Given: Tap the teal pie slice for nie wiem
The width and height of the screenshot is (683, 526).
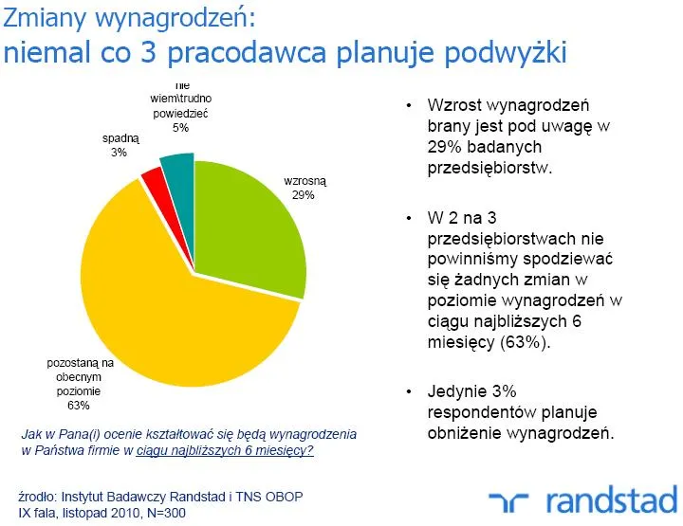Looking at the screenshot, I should (x=177, y=167).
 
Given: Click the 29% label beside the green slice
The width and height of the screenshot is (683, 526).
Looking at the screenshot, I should (x=303, y=195).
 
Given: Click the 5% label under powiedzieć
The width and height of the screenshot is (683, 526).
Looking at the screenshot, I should (x=180, y=126).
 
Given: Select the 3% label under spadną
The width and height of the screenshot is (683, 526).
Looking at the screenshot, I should (x=119, y=152).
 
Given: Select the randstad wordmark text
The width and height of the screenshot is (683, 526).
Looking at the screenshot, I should (x=606, y=499).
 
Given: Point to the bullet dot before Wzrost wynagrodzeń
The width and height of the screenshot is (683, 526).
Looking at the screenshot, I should (x=408, y=105).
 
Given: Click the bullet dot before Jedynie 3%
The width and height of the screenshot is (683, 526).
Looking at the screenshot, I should (x=408, y=391).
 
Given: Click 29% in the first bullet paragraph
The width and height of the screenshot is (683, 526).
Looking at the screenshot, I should (x=444, y=146).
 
